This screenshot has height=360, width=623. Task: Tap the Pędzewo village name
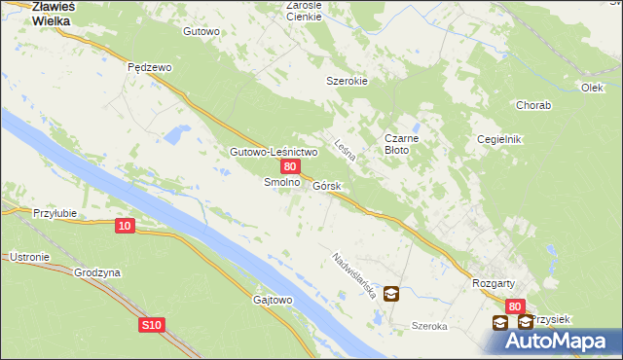click(150, 67)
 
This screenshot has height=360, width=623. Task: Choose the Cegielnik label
click(499, 139)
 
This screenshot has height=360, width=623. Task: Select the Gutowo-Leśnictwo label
click(274, 152)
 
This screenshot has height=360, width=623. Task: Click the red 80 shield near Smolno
click(289, 167)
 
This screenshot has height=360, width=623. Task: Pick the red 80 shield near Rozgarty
click(515, 306)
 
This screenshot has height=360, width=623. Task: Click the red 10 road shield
click(124, 226)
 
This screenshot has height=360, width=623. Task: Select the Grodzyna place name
click(97, 273)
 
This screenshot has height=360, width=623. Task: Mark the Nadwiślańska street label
click(353, 275)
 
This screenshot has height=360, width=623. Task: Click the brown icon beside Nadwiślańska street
click(390, 292)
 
